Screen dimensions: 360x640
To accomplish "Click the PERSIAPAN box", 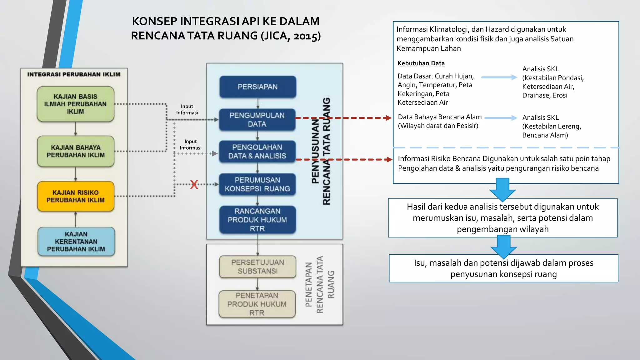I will click(x=257, y=87).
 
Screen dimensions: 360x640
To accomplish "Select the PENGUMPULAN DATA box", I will click(x=257, y=120).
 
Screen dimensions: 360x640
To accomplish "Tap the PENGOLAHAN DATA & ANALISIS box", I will click(x=257, y=152).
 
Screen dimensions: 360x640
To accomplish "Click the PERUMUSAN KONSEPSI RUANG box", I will click(x=257, y=184).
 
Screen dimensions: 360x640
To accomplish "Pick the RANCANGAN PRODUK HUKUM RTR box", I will click(x=257, y=220).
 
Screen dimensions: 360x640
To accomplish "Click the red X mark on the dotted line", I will click(x=194, y=184).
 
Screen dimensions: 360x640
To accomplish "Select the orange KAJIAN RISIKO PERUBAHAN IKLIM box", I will click(x=76, y=196).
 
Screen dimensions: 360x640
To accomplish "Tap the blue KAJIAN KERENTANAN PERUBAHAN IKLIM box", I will click(x=76, y=242).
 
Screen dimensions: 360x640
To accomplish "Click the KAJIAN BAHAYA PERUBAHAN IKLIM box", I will click(x=76, y=151).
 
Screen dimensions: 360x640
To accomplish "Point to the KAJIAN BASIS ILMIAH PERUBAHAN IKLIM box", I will click(x=75, y=104).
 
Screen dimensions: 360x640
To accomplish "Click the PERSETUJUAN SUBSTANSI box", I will click(x=257, y=267).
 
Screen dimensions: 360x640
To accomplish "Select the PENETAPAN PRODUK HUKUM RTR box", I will click(x=257, y=304).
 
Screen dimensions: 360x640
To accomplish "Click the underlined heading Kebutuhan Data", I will click(x=421, y=63).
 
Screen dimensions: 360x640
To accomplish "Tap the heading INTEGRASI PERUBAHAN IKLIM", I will click(x=74, y=74).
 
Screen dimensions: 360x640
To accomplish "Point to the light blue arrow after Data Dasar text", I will click(x=499, y=77).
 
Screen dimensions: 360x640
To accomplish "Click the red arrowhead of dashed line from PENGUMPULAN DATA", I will click(x=388, y=118).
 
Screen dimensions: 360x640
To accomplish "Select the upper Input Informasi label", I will click(x=187, y=109).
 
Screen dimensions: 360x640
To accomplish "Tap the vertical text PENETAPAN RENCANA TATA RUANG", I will click(x=319, y=284).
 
